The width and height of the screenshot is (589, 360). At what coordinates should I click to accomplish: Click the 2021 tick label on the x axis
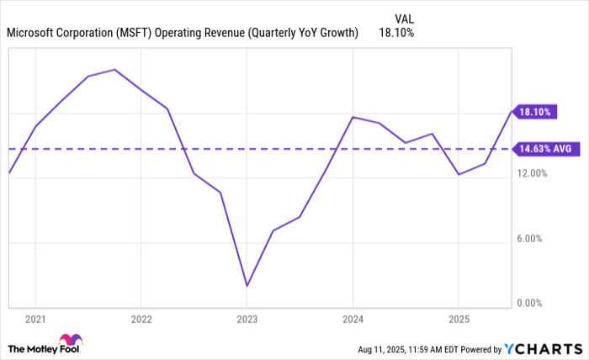[35, 320]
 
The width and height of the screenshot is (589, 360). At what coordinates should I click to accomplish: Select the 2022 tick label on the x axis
[141, 320]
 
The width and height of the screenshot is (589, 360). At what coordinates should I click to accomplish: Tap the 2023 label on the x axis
[247, 320]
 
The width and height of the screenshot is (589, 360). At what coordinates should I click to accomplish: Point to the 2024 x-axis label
[353, 320]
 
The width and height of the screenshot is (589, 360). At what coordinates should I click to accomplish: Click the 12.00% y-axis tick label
[532, 173]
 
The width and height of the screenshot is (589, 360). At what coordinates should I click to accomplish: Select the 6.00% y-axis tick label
[532, 238]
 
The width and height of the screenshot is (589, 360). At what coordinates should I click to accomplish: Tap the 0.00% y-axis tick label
[532, 303]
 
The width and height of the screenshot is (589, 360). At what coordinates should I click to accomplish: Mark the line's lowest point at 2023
[247, 286]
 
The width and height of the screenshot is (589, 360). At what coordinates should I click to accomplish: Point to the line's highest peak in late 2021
[114, 69]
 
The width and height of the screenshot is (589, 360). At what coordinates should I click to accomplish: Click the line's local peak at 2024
[353, 117]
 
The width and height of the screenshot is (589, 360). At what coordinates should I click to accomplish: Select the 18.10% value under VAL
[397, 33]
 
